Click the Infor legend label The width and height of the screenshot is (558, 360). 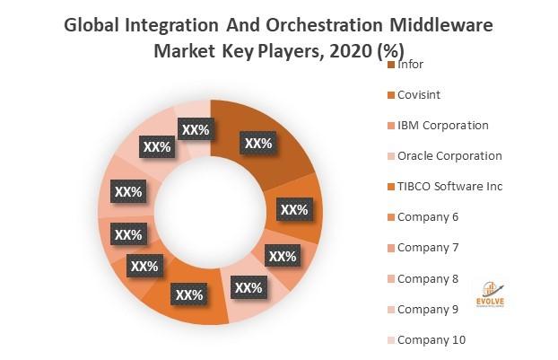click(410, 64)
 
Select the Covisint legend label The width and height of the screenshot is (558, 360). click(419, 94)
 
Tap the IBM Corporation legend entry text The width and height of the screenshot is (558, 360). click(442, 125)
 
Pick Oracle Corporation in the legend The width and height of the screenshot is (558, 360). click(449, 155)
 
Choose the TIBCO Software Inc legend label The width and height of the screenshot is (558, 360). click(449, 186)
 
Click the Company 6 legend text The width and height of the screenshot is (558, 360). click(428, 216)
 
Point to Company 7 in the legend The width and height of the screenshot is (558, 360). click(428, 247)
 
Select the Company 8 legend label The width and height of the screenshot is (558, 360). click(428, 278)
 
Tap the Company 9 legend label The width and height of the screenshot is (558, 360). click(428, 309)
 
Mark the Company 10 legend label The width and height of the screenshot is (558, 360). click(432, 339)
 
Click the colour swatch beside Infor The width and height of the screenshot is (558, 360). click(390, 65)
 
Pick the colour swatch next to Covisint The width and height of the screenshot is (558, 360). click(390, 95)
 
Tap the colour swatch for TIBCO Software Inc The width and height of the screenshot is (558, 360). click(390, 187)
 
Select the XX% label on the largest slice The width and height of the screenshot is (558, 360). click(258, 143)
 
